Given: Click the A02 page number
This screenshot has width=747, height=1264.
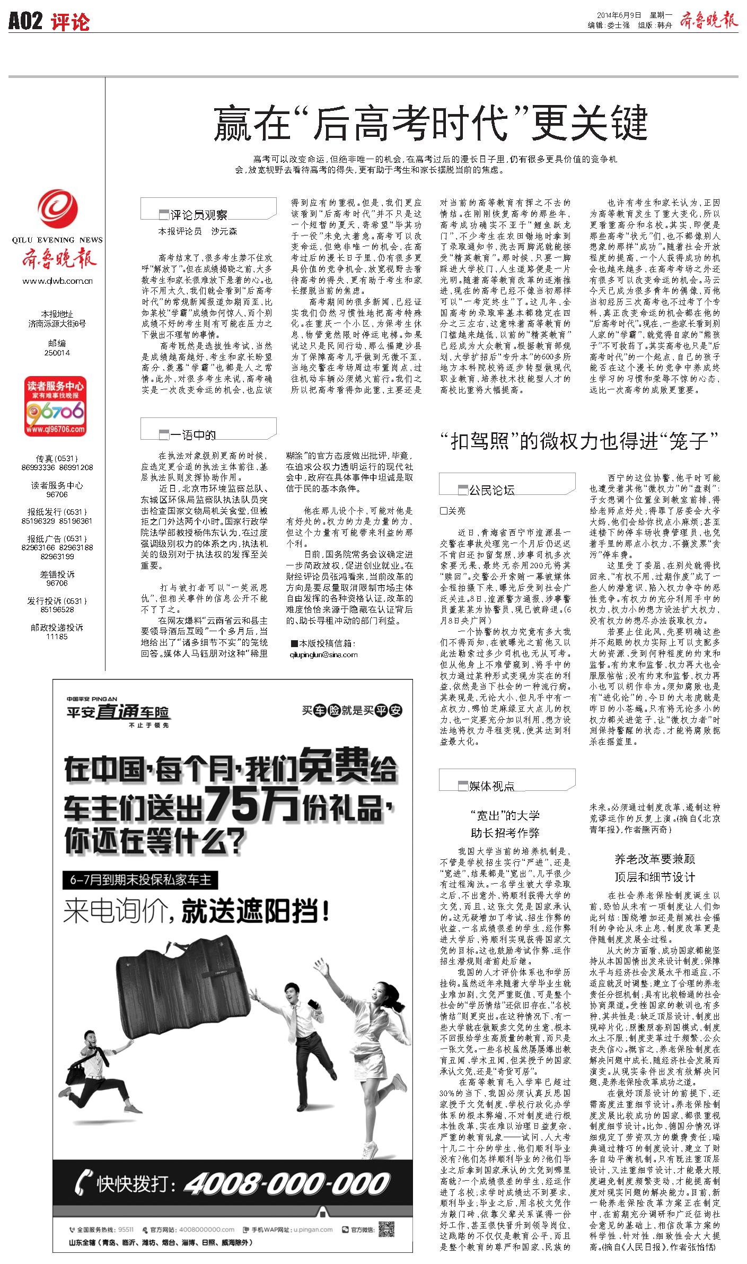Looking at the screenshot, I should point(25,22).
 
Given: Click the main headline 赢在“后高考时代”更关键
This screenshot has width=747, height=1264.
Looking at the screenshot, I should point(430,123).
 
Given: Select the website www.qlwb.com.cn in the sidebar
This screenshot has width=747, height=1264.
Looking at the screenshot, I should point(57,281).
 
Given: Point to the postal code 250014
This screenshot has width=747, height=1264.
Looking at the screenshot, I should point(57,353).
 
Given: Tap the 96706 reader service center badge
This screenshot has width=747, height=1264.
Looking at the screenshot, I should point(55,407).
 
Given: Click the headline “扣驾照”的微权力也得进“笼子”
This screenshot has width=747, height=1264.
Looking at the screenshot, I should point(578,441).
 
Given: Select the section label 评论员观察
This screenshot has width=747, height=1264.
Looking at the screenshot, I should point(199,214).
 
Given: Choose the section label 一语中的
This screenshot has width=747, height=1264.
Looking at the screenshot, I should point(193,435).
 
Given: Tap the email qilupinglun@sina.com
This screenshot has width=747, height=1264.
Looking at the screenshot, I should point(323,655).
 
